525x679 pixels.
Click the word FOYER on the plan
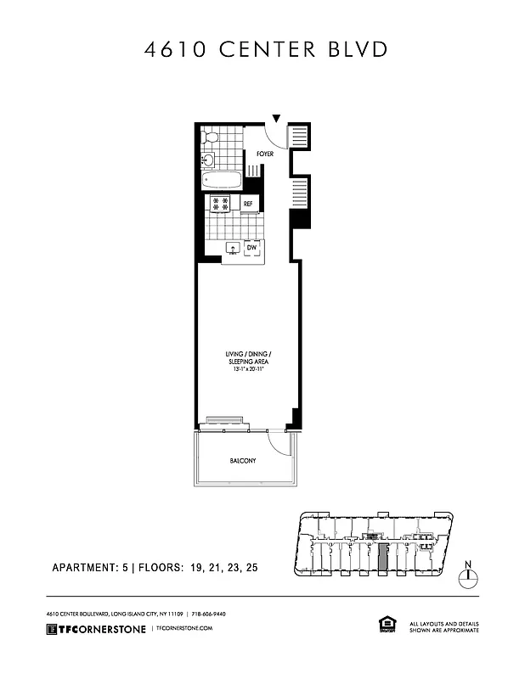coord(265,154)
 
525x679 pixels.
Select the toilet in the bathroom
coord(209,136)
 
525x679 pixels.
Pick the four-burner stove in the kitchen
coord(221,204)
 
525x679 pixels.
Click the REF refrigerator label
coord(248,205)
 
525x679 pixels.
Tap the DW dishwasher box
coord(252,248)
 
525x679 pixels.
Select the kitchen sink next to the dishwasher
coord(231,249)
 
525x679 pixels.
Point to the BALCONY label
coord(244,461)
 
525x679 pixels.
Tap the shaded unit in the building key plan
coord(382,558)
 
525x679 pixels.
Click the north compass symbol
coord(466,576)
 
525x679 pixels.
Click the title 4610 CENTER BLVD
coord(262,50)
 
